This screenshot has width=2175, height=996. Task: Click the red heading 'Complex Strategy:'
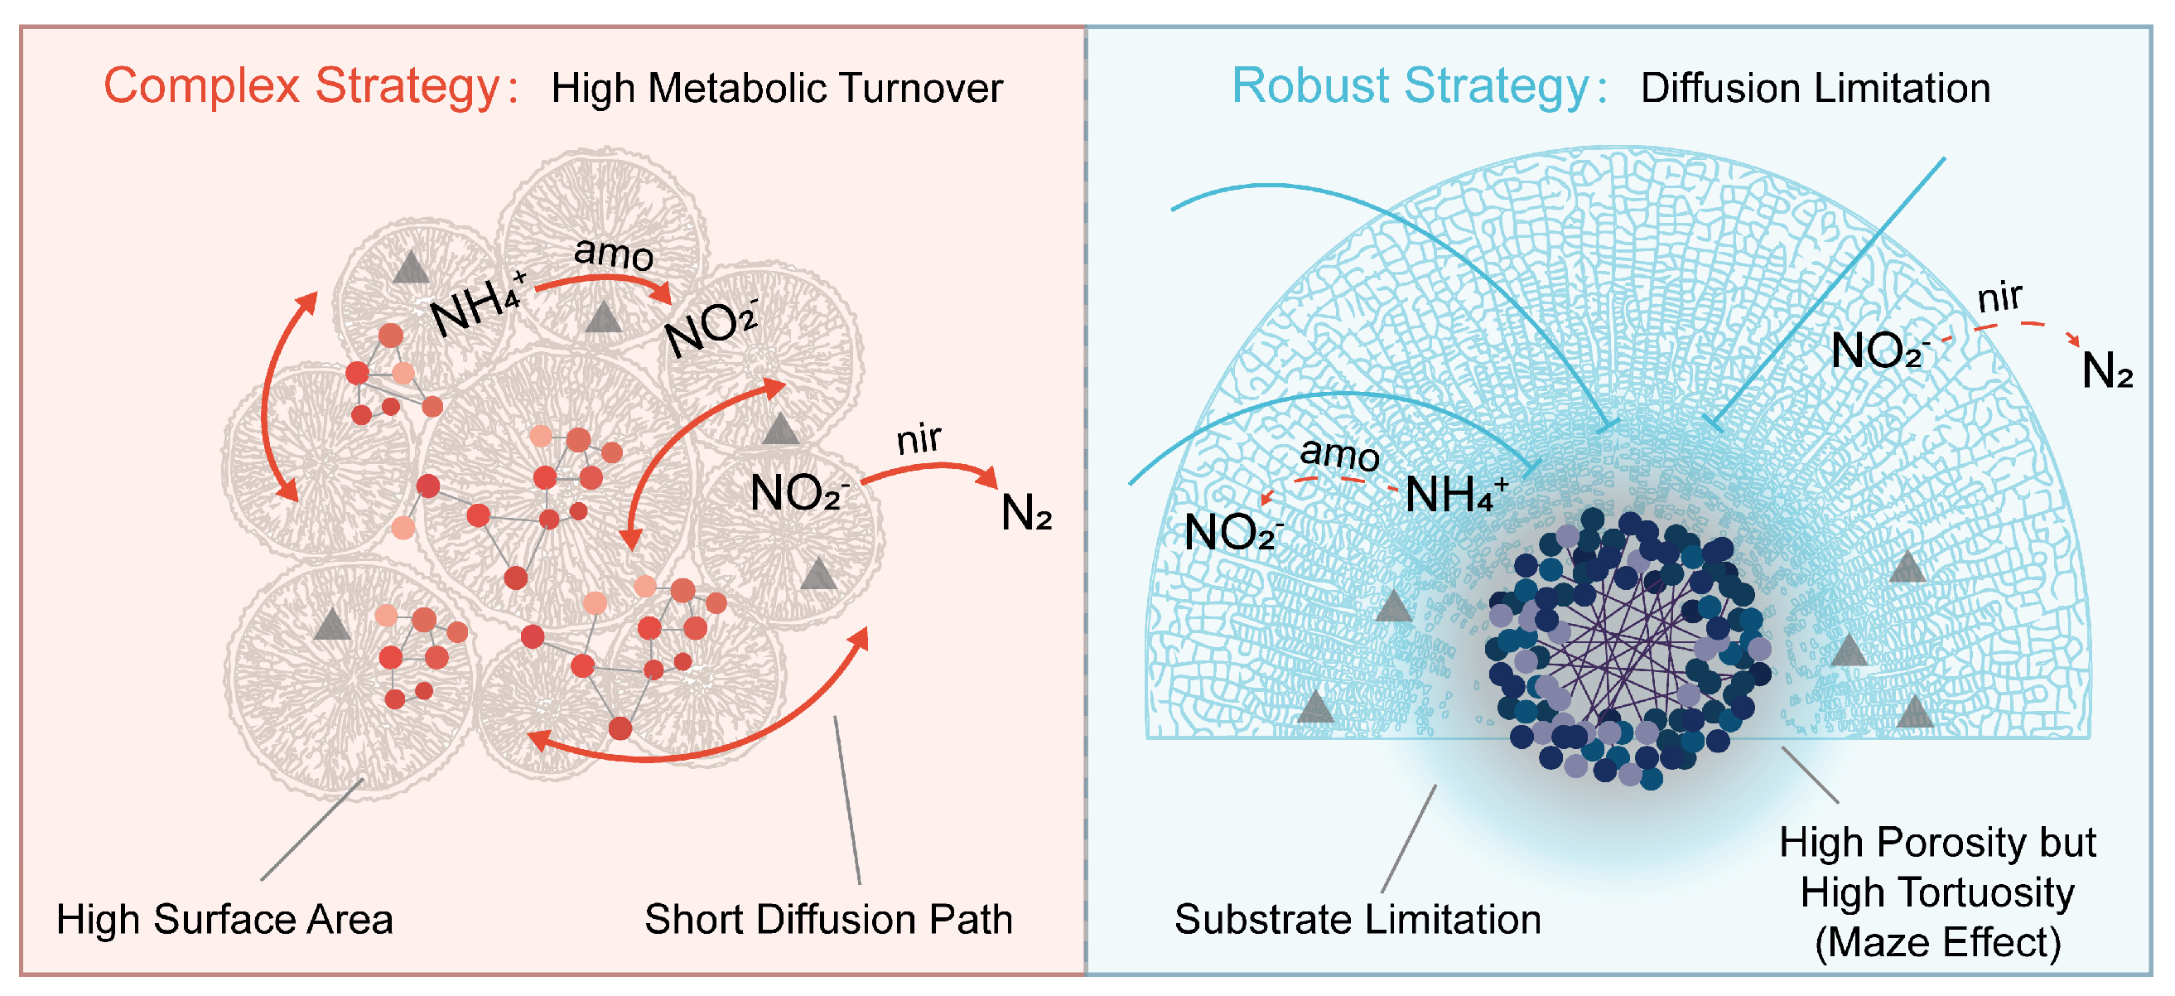coord(310,87)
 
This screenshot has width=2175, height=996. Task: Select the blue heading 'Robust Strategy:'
coord(1419,87)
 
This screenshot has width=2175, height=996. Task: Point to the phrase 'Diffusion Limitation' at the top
coord(1815,89)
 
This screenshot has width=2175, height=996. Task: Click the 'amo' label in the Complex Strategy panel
coord(614,253)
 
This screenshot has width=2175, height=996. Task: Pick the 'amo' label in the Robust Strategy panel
coord(1339,453)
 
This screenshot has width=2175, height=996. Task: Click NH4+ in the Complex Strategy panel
coord(478,304)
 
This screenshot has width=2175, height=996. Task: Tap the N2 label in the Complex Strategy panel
coord(1026,513)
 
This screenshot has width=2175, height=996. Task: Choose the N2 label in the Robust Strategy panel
coord(2107,370)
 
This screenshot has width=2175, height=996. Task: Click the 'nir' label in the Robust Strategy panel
coord(2000,297)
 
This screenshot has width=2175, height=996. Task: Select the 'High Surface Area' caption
coord(224,919)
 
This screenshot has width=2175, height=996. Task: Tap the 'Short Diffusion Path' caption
coord(828,919)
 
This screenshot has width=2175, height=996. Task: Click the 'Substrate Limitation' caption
coord(1358,919)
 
